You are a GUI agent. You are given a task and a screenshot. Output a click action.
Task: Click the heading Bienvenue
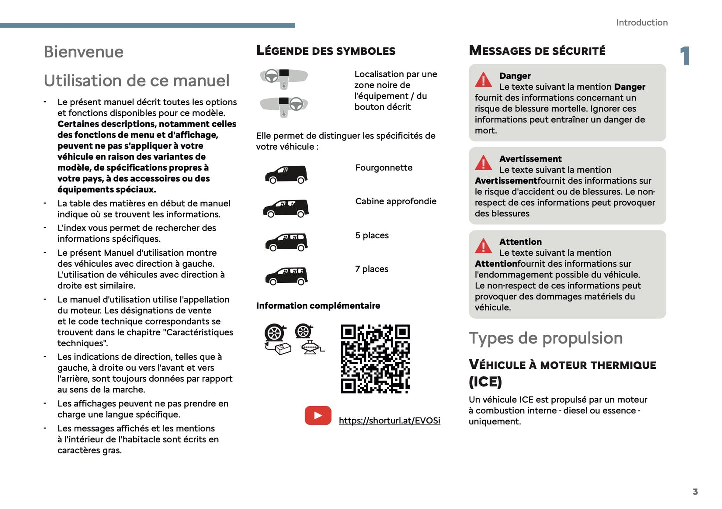tap(83, 52)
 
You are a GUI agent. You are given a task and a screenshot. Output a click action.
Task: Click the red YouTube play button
tap(318, 415)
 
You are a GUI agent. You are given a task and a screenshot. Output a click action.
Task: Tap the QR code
tap(375, 359)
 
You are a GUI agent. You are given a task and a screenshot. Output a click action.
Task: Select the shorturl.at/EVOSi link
tap(389, 421)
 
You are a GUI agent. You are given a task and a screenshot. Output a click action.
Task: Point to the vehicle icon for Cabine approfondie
tap(286, 208)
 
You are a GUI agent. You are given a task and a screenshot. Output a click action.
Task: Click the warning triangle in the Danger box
tap(483, 80)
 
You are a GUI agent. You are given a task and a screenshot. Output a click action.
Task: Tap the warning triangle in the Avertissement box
tap(483, 163)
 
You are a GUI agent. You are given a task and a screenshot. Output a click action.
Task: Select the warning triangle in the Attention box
tap(483, 246)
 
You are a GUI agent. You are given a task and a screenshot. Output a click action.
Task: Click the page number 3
tap(695, 492)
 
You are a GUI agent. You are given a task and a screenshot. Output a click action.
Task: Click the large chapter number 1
tap(685, 56)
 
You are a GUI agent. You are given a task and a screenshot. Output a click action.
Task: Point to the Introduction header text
tap(641, 23)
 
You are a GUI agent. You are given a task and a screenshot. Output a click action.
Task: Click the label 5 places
tap(372, 235)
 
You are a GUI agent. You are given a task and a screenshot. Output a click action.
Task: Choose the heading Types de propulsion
tap(545, 338)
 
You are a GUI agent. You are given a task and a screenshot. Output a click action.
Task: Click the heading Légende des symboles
tap(325, 51)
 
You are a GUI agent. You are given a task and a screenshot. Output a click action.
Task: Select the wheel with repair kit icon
tap(277, 339)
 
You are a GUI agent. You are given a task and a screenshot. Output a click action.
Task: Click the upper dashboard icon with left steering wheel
tap(283, 78)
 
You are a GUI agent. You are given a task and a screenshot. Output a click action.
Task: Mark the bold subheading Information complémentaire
tap(318, 306)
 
